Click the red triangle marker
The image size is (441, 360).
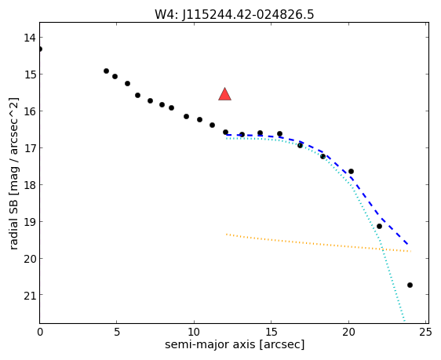click(x=224, y=94)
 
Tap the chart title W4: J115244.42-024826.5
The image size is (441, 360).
click(x=235, y=14)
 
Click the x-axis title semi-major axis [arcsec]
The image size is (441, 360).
click(x=235, y=344)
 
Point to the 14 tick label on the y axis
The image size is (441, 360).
click(x=29, y=38)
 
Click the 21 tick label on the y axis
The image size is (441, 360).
click(x=29, y=295)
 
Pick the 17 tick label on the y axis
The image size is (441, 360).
click(x=29, y=147)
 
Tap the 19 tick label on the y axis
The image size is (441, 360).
click(x=29, y=222)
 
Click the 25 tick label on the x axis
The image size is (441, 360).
click(x=425, y=333)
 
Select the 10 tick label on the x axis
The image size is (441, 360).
click(x=194, y=333)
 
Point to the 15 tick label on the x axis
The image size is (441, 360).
click(x=272, y=333)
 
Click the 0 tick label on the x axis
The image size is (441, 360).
click(x=40, y=333)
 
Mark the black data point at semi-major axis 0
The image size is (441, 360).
click(x=40, y=49)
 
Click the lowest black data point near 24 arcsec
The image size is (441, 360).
click(x=410, y=285)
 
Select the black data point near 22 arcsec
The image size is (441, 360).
click(x=379, y=226)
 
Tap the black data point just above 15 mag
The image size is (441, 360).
click(x=106, y=71)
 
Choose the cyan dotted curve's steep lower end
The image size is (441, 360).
click(x=404, y=320)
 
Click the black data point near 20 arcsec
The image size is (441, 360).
click(x=351, y=172)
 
